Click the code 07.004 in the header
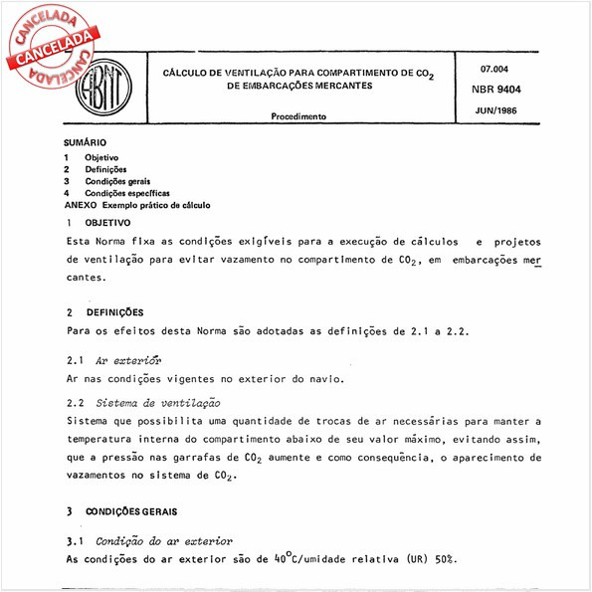[x=495, y=69]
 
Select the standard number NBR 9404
[x=501, y=90]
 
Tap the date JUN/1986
[x=501, y=111]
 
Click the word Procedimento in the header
[x=298, y=116]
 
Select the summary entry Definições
[x=105, y=170]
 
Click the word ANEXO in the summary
[x=80, y=205]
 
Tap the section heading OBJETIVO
[x=106, y=222]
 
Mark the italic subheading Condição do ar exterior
[x=164, y=541]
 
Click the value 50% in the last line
[x=446, y=559]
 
